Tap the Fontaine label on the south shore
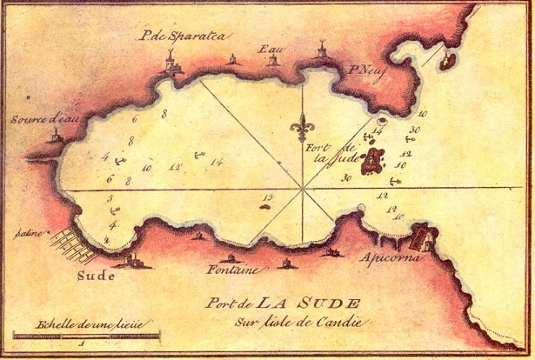[232, 270]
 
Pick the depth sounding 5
[110, 200]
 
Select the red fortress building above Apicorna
[423, 236]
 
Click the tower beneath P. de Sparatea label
[173, 62]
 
